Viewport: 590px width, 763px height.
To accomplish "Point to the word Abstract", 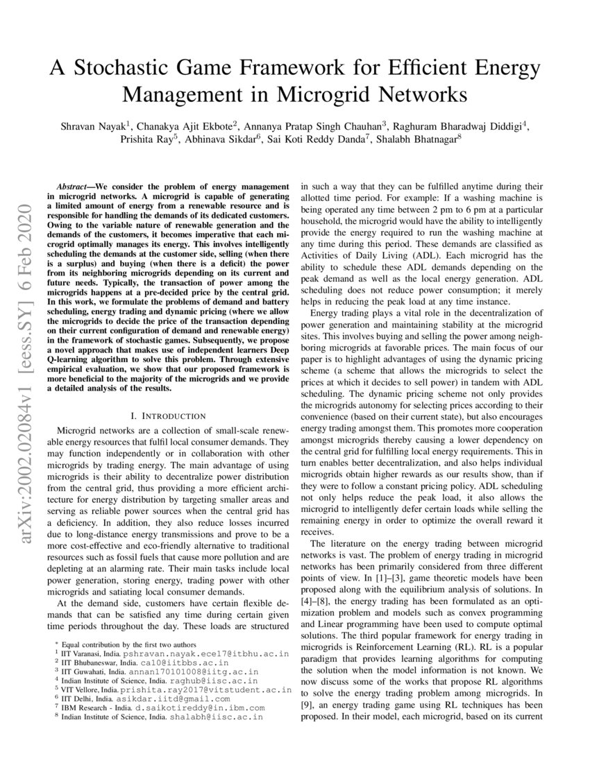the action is pyautogui.click(x=73, y=188).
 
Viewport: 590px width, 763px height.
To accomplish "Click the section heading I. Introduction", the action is pyautogui.click(x=168, y=415).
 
